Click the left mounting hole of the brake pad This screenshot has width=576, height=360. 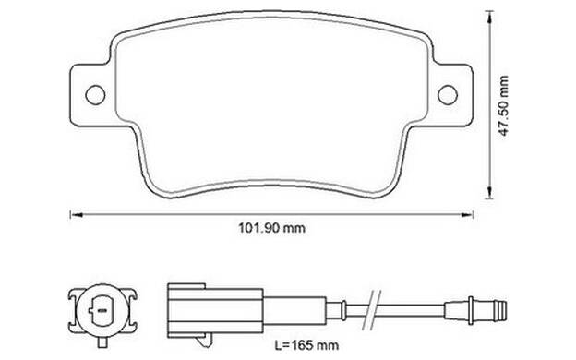tap(95, 95)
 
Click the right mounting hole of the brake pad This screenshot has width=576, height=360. tap(448, 94)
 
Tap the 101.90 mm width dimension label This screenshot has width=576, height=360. tap(271, 228)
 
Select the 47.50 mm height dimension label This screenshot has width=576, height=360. tap(503, 105)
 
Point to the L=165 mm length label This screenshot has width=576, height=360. tap(307, 345)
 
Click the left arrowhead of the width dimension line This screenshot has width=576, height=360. tap(77, 215)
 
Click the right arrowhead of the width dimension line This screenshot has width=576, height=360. tap(467, 215)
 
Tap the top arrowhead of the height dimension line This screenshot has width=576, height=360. tap(489, 18)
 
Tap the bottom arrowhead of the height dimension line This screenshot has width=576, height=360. tap(489, 192)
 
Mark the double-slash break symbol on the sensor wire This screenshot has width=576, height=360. tap(371, 310)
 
